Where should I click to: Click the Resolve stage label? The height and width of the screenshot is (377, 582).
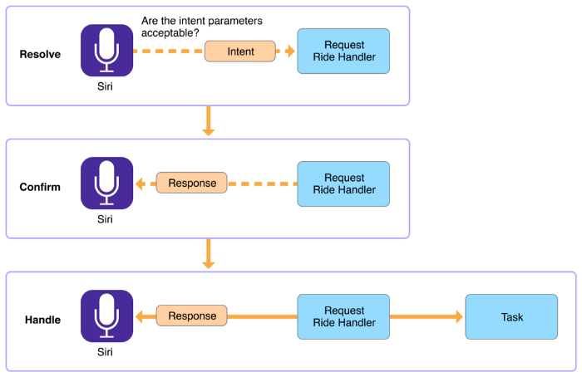click(40, 54)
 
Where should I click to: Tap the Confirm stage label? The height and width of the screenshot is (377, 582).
click(40, 187)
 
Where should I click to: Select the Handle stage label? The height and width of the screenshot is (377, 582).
click(42, 320)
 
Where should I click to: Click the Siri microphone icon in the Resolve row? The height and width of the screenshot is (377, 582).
click(107, 51)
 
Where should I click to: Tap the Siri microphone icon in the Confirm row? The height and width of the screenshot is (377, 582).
click(107, 184)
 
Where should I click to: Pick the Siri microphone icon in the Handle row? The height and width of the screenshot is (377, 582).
click(107, 316)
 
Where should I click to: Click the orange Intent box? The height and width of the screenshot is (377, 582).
click(240, 51)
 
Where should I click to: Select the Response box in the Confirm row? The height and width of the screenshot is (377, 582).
click(191, 183)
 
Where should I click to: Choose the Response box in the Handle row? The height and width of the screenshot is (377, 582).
click(191, 316)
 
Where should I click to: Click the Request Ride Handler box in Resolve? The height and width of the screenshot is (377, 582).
click(343, 51)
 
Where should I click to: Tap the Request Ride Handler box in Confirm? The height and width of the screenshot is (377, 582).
click(343, 184)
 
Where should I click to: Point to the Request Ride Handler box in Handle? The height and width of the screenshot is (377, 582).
click(343, 316)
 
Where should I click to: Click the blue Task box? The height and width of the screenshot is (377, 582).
click(511, 316)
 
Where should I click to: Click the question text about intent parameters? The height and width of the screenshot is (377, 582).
click(201, 27)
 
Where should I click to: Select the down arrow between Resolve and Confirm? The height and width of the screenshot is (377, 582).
click(208, 121)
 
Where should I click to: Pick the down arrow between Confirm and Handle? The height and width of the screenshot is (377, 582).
click(208, 254)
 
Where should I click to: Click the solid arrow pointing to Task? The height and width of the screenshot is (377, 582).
click(427, 316)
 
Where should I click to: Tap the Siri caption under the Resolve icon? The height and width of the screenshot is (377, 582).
click(105, 86)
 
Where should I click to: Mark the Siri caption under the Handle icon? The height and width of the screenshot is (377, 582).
click(105, 352)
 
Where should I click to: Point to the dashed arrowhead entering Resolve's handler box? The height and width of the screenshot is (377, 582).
click(291, 51)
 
